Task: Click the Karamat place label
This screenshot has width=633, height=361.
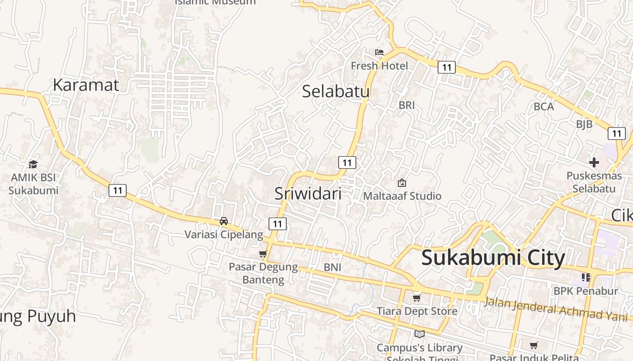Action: [x=86, y=85]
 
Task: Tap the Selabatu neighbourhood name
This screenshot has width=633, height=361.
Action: [x=335, y=91]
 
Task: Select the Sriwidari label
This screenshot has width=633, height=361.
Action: [x=308, y=194]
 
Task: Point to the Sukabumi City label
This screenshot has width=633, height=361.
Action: [x=493, y=258]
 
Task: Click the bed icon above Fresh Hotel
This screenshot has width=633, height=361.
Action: [x=379, y=52]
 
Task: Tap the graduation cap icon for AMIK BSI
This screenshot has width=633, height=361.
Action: [x=33, y=164]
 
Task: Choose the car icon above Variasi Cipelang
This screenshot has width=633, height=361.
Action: [x=223, y=221]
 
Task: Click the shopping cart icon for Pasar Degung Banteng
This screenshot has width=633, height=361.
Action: [x=263, y=254]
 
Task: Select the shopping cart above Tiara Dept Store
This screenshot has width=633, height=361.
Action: [x=417, y=298]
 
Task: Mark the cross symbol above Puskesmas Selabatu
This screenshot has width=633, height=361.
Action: [x=594, y=162]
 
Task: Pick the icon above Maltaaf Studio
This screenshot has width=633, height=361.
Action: [x=402, y=183]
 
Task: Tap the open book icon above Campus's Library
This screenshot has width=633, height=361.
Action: [x=419, y=334]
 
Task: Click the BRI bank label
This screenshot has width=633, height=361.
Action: [x=406, y=105]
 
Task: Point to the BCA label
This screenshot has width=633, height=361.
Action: [x=543, y=106]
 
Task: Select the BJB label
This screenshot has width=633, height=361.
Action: [x=584, y=125]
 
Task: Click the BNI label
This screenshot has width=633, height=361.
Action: [x=332, y=267]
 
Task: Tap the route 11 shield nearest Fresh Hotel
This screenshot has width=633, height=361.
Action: [x=446, y=68]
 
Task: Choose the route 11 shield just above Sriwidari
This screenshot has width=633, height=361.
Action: [x=347, y=162]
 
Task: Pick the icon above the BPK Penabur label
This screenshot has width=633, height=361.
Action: [x=586, y=277]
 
